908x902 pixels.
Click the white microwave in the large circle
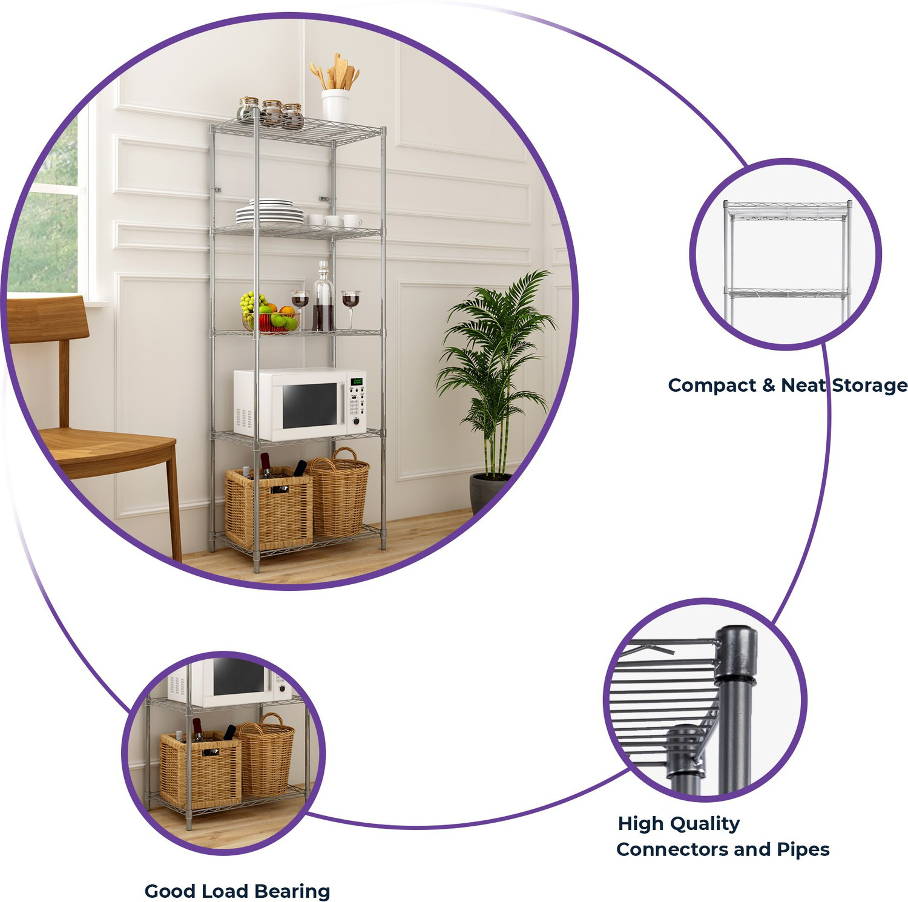pyautogui.click(x=300, y=404)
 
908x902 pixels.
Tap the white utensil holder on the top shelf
pyautogui.click(x=335, y=105)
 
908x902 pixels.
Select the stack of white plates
pyautogui.click(x=269, y=212)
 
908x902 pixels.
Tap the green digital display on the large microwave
pyautogui.click(x=357, y=381)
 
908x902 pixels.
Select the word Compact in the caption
pyautogui.click(x=712, y=386)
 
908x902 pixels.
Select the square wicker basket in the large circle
pyautogui.click(x=269, y=507)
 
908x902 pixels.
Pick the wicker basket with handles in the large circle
pyautogui.click(x=339, y=492)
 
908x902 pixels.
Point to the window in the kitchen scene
pyautogui.click(x=45, y=206)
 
